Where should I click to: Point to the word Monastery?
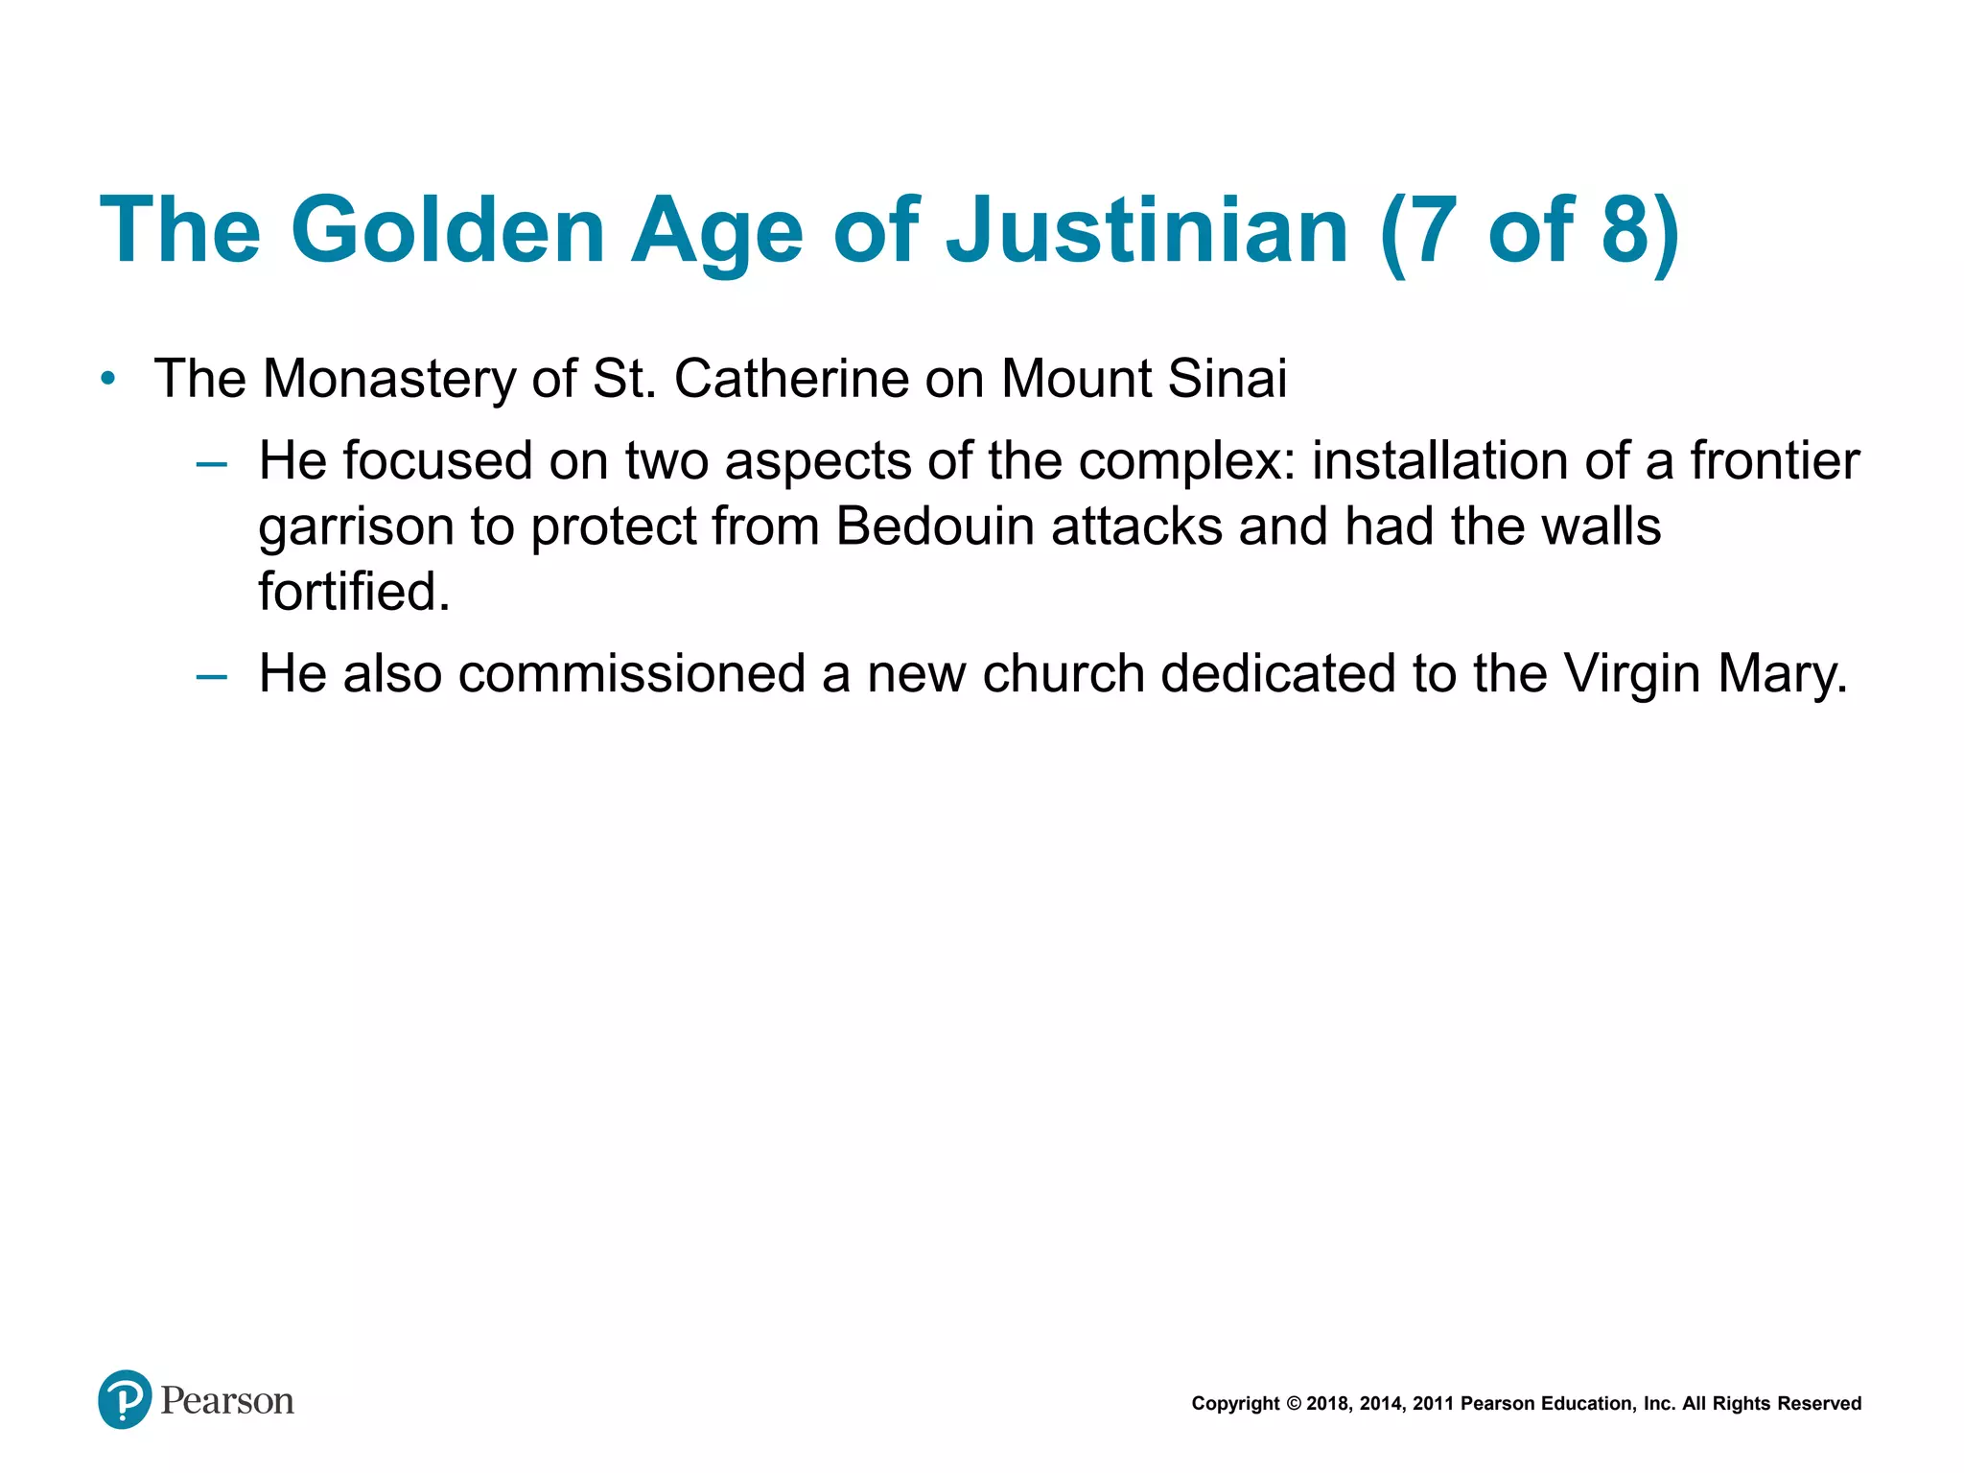click(389, 378)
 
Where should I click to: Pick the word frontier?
click(1774, 460)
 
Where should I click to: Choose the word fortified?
click(354, 591)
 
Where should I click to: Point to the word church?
click(1064, 673)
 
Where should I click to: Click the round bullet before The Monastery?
click(108, 379)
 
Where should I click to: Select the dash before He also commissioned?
click(211, 677)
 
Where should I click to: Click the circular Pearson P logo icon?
click(125, 1399)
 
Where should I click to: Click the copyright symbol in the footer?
click(1294, 1404)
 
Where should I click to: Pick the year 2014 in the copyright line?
click(1381, 1404)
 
